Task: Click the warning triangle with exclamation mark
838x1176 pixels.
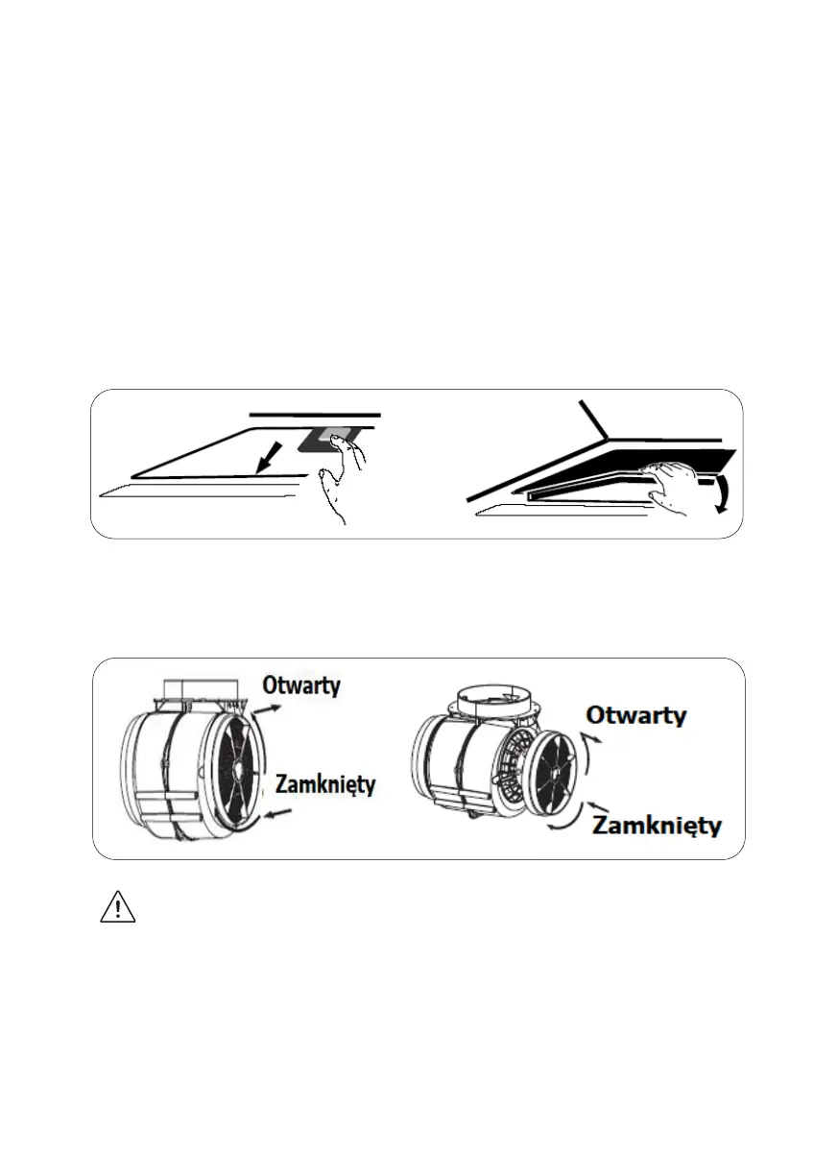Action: tap(117, 907)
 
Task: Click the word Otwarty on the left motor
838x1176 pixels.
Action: tap(301, 685)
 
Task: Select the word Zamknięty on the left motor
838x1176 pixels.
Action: tap(324, 784)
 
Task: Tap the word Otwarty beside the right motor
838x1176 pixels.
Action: tap(636, 716)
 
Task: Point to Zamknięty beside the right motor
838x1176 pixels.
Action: tap(657, 825)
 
